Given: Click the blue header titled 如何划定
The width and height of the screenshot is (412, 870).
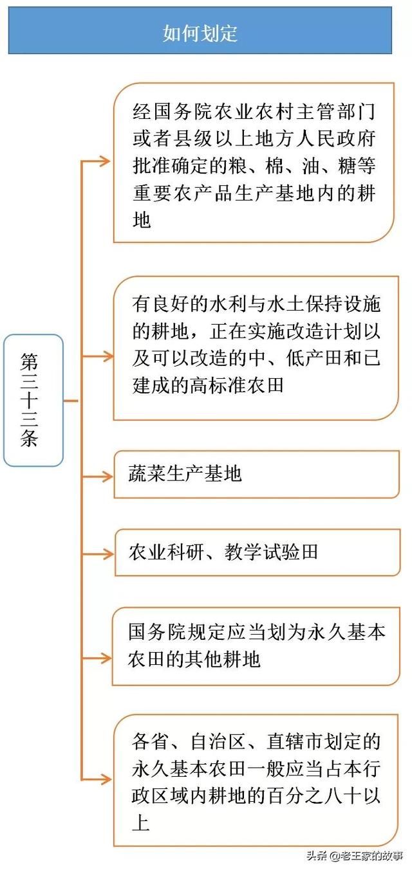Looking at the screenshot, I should pos(200,31).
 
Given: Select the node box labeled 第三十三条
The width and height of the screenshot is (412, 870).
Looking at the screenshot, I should pos(33,400).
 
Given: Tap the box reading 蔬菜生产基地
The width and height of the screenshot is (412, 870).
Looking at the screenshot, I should pos(256,475).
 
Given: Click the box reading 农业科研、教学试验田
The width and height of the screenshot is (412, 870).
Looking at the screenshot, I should pos(256,552).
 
